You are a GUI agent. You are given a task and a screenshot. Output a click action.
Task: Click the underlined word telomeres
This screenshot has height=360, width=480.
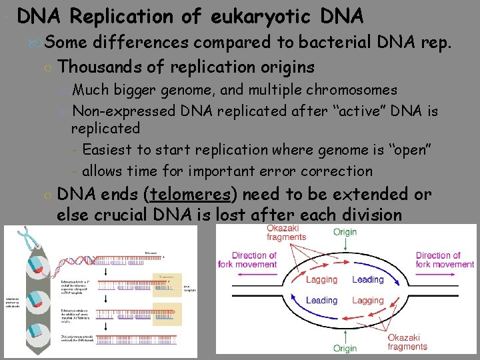pos(192,195)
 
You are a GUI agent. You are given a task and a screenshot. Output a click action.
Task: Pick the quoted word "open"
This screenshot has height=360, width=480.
pos(409,149)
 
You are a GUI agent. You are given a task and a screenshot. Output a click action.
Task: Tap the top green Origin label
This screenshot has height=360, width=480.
pos(345,232)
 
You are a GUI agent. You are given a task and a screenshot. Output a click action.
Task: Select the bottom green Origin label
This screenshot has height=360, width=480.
pos(345,348)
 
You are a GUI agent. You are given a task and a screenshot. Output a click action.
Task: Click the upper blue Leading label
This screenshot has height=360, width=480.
pos(367,279)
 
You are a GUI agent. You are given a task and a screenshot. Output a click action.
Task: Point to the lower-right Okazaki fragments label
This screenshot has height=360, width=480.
pos(407,342)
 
